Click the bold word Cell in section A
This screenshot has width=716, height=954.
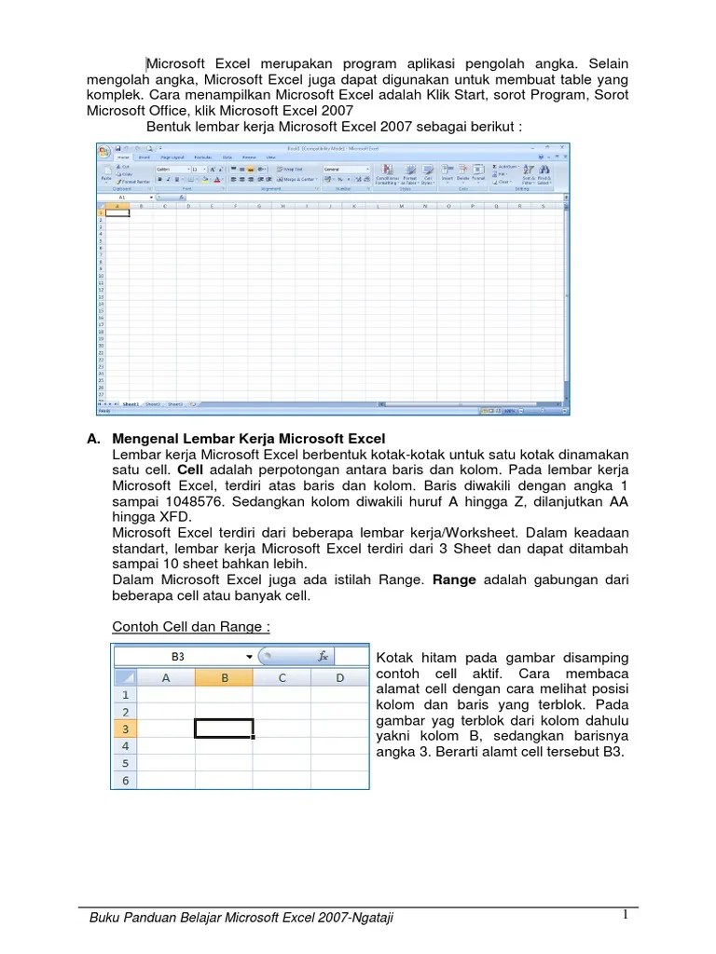(x=190, y=470)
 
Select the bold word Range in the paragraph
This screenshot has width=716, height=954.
(x=454, y=579)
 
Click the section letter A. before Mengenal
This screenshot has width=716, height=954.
(x=93, y=438)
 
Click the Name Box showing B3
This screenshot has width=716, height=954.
(x=178, y=656)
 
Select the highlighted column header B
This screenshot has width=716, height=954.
(x=224, y=678)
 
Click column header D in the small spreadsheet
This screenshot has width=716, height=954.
(x=339, y=678)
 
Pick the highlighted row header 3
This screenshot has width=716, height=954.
(x=125, y=729)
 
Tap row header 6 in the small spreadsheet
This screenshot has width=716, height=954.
(x=125, y=781)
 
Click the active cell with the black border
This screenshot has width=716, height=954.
(x=224, y=729)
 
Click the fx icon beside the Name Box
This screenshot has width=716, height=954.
(x=324, y=656)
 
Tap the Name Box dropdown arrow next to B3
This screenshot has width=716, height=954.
(x=249, y=656)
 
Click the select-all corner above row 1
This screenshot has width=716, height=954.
(x=125, y=678)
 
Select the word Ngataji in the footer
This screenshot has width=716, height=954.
(x=369, y=919)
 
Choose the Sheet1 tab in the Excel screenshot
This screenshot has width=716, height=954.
(x=130, y=404)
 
